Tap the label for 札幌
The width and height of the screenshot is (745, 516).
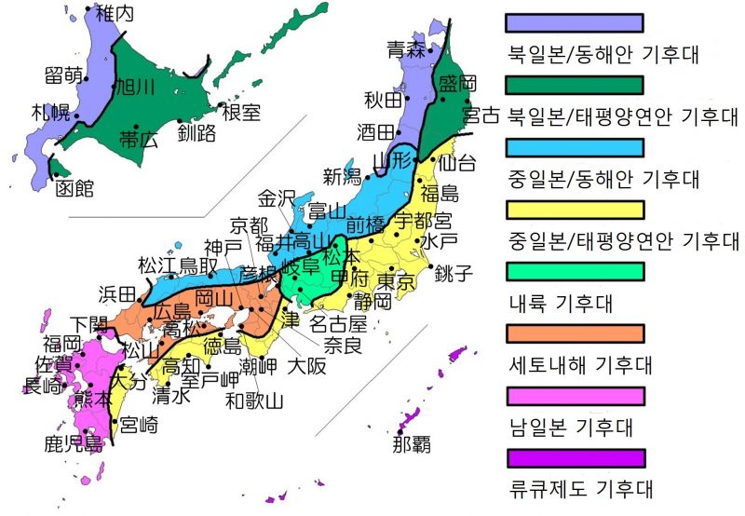pos(51,114)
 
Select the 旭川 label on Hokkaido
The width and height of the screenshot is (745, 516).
pos(133,87)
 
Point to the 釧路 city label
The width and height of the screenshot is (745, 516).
pos(196,134)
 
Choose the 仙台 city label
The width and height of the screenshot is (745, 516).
pos(456,163)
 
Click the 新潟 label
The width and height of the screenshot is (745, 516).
pos(342,176)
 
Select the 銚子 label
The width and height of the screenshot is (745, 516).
pos(454,273)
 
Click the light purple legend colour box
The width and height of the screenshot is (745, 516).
pos(574,22)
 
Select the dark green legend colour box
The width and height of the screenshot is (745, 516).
pos(574,85)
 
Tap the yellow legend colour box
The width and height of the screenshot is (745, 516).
pos(574,209)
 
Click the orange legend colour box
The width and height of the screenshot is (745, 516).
pos(574,333)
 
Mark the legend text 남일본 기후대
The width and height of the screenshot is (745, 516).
pos(571,428)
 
